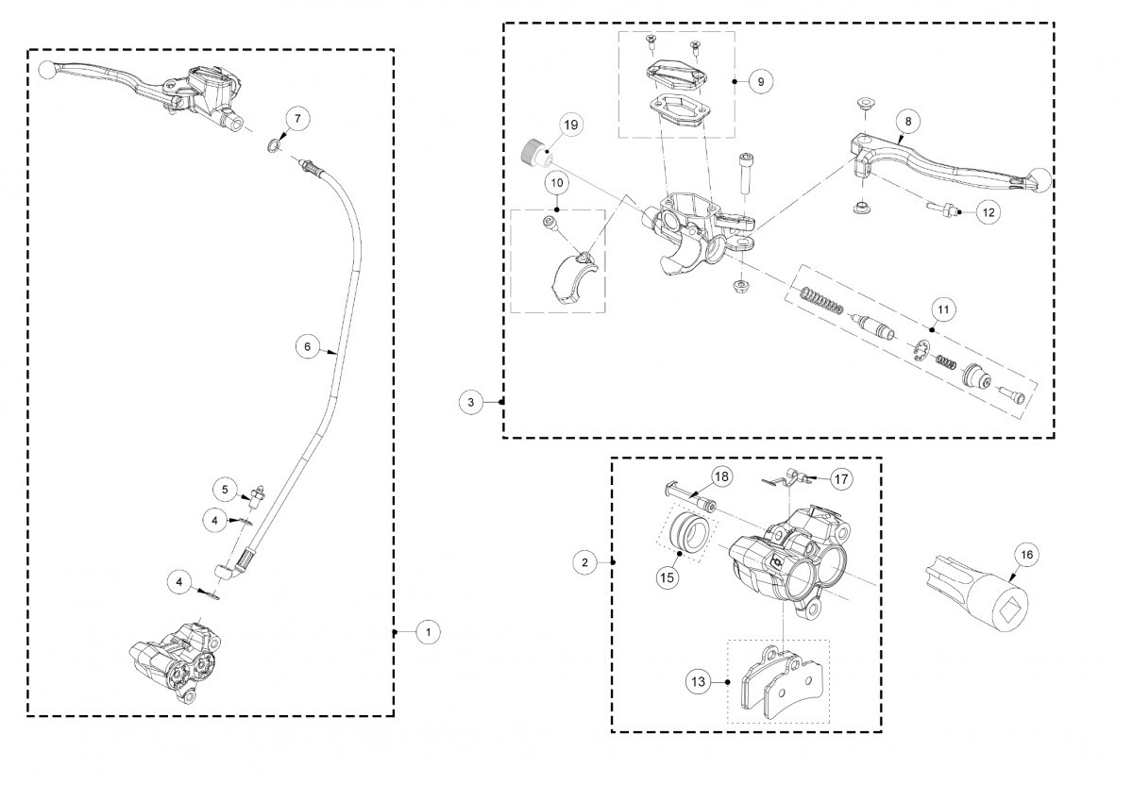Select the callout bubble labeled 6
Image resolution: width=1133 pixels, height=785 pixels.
(307, 346)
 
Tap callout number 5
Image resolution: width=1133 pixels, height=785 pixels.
(226, 490)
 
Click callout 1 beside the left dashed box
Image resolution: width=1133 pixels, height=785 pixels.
(429, 631)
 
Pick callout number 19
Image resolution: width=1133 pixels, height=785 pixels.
(570, 125)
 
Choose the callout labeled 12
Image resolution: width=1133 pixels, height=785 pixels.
(987, 213)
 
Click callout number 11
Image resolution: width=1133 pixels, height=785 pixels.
(943, 309)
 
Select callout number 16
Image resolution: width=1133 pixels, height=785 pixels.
(1023, 555)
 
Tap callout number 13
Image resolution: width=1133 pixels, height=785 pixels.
(698, 681)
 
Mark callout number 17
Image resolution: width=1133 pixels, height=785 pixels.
(840, 479)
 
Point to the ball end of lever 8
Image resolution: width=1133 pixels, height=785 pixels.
(1040, 178)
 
